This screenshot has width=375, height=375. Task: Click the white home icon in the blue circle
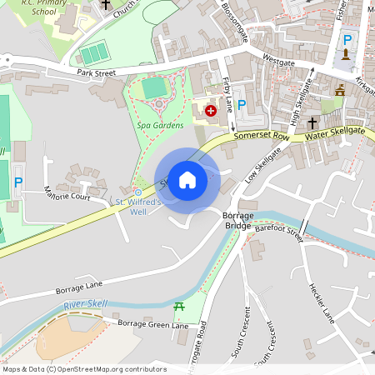pos(187,179)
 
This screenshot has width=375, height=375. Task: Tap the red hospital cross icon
pos(211,109)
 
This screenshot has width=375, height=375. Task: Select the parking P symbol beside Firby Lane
pos(242,105)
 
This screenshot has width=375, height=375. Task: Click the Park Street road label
pos(95,73)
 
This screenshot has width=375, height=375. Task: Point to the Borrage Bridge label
pos(238,220)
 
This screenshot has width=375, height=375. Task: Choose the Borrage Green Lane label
pos(152,323)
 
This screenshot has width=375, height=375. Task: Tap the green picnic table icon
pos(178,307)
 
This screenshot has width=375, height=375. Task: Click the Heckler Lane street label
pos(321,303)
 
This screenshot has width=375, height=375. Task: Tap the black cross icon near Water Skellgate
pos(312,122)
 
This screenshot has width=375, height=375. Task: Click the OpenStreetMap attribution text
pos(84,369)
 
